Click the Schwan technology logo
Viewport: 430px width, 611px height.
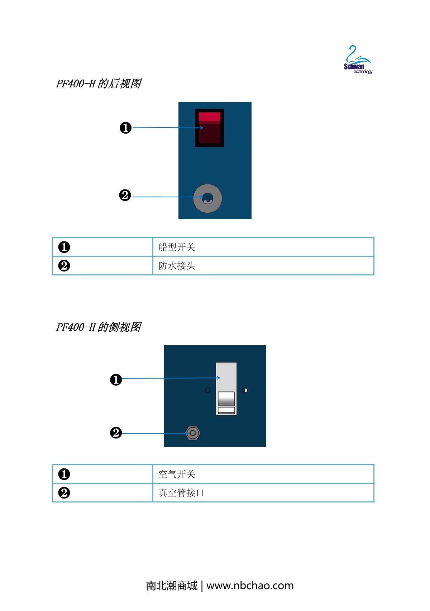point(358,60)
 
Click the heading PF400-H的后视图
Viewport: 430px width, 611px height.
point(98,84)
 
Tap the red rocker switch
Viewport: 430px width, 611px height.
point(209,128)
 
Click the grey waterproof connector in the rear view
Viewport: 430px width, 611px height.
point(207,198)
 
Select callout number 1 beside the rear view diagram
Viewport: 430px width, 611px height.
point(125,128)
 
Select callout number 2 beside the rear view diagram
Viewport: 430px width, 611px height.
point(125,196)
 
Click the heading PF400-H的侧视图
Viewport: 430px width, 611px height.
point(98,327)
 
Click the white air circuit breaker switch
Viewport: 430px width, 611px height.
point(226,389)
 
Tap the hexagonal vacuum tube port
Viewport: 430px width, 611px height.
point(193,433)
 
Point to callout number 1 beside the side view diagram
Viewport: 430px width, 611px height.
point(116,380)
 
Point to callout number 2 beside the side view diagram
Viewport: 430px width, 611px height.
point(116,433)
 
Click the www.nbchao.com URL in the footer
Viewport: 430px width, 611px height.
point(250,586)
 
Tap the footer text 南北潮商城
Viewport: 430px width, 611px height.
point(172,586)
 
